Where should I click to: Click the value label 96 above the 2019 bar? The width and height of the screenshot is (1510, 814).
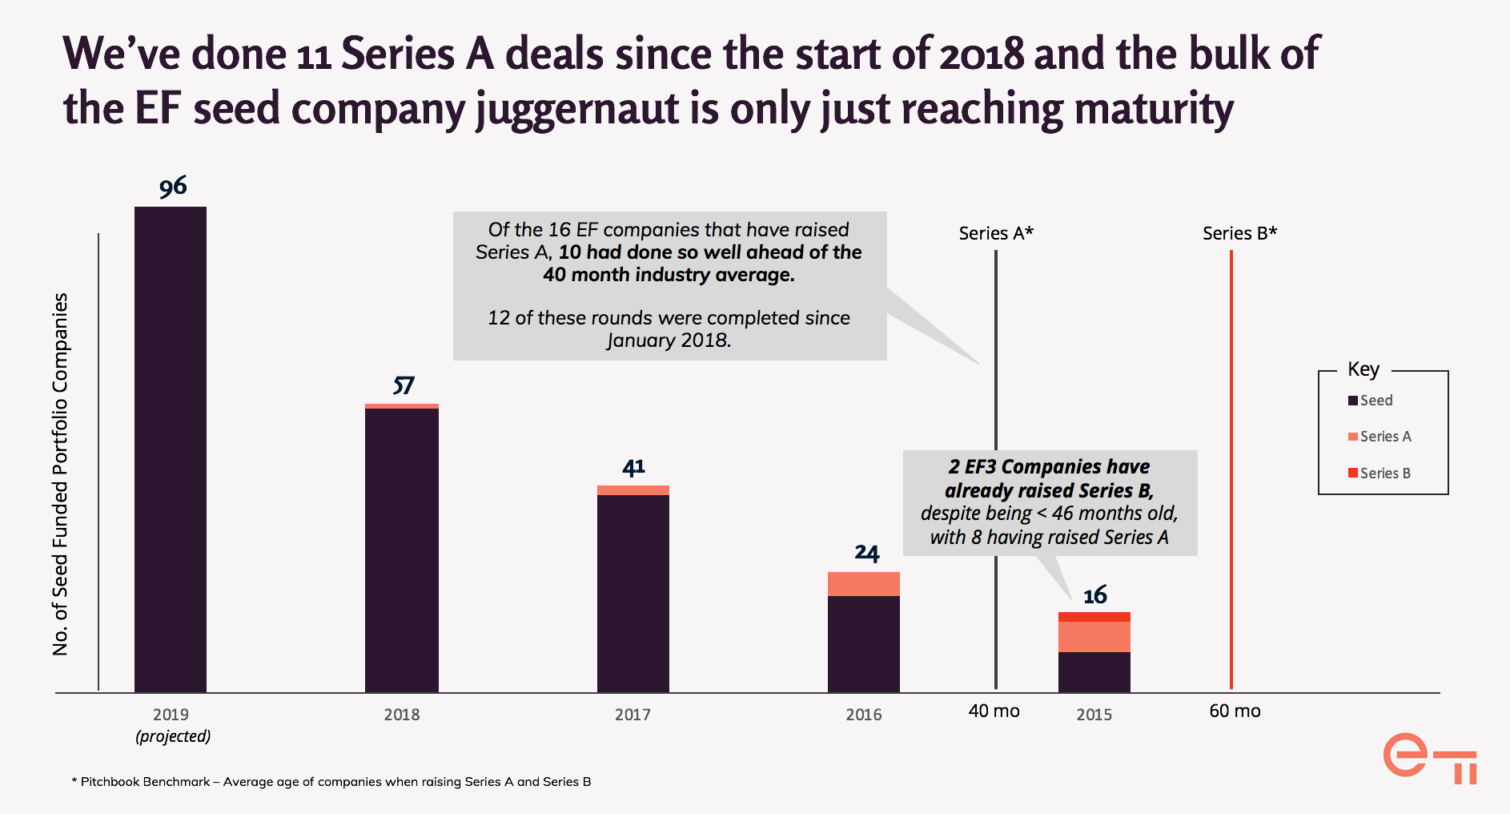pyautogui.click(x=173, y=187)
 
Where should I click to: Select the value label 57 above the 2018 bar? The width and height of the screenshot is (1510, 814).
pyautogui.click(x=403, y=385)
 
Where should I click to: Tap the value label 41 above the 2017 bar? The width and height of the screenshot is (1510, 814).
pyautogui.click(x=633, y=467)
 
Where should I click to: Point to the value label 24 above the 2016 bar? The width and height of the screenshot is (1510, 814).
pyautogui.click(x=866, y=553)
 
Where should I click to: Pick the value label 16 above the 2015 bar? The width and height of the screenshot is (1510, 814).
pyautogui.click(x=1094, y=595)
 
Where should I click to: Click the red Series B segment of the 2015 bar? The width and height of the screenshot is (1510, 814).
pyautogui.click(x=1094, y=617)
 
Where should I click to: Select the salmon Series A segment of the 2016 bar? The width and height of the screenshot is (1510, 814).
pyautogui.click(x=863, y=584)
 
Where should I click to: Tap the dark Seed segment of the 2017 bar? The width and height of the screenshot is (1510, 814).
pyautogui.click(x=633, y=593)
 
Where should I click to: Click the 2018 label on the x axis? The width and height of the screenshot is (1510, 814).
pyautogui.click(x=401, y=715)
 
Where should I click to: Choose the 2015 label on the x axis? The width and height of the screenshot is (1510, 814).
pyautogui.click(x=1094, y=715)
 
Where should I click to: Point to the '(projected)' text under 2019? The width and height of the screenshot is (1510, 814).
pyautogui.click(x=173, y=736)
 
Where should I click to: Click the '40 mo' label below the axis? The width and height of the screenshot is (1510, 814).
pyautogui.click(x=994, y=711)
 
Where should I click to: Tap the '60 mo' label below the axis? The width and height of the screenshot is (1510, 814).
pyautogui.click(x=1235, y=711)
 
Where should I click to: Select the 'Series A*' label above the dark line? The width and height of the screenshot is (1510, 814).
pyautogui.click(x=996, y=233)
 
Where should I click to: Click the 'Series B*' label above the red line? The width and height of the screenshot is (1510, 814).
pyautogui.click(x=1239, y=233)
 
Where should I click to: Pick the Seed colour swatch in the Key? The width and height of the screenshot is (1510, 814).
pyautogui.click(x=1353, y=401)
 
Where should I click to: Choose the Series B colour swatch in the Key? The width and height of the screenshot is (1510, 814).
pyautogui.click(x=1353, y=473)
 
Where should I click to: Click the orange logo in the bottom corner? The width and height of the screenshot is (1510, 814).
pyautogui.click(x=1429, y=757)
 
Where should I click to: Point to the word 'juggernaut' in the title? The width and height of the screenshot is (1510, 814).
pyautogui.click(x=576, y=109)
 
